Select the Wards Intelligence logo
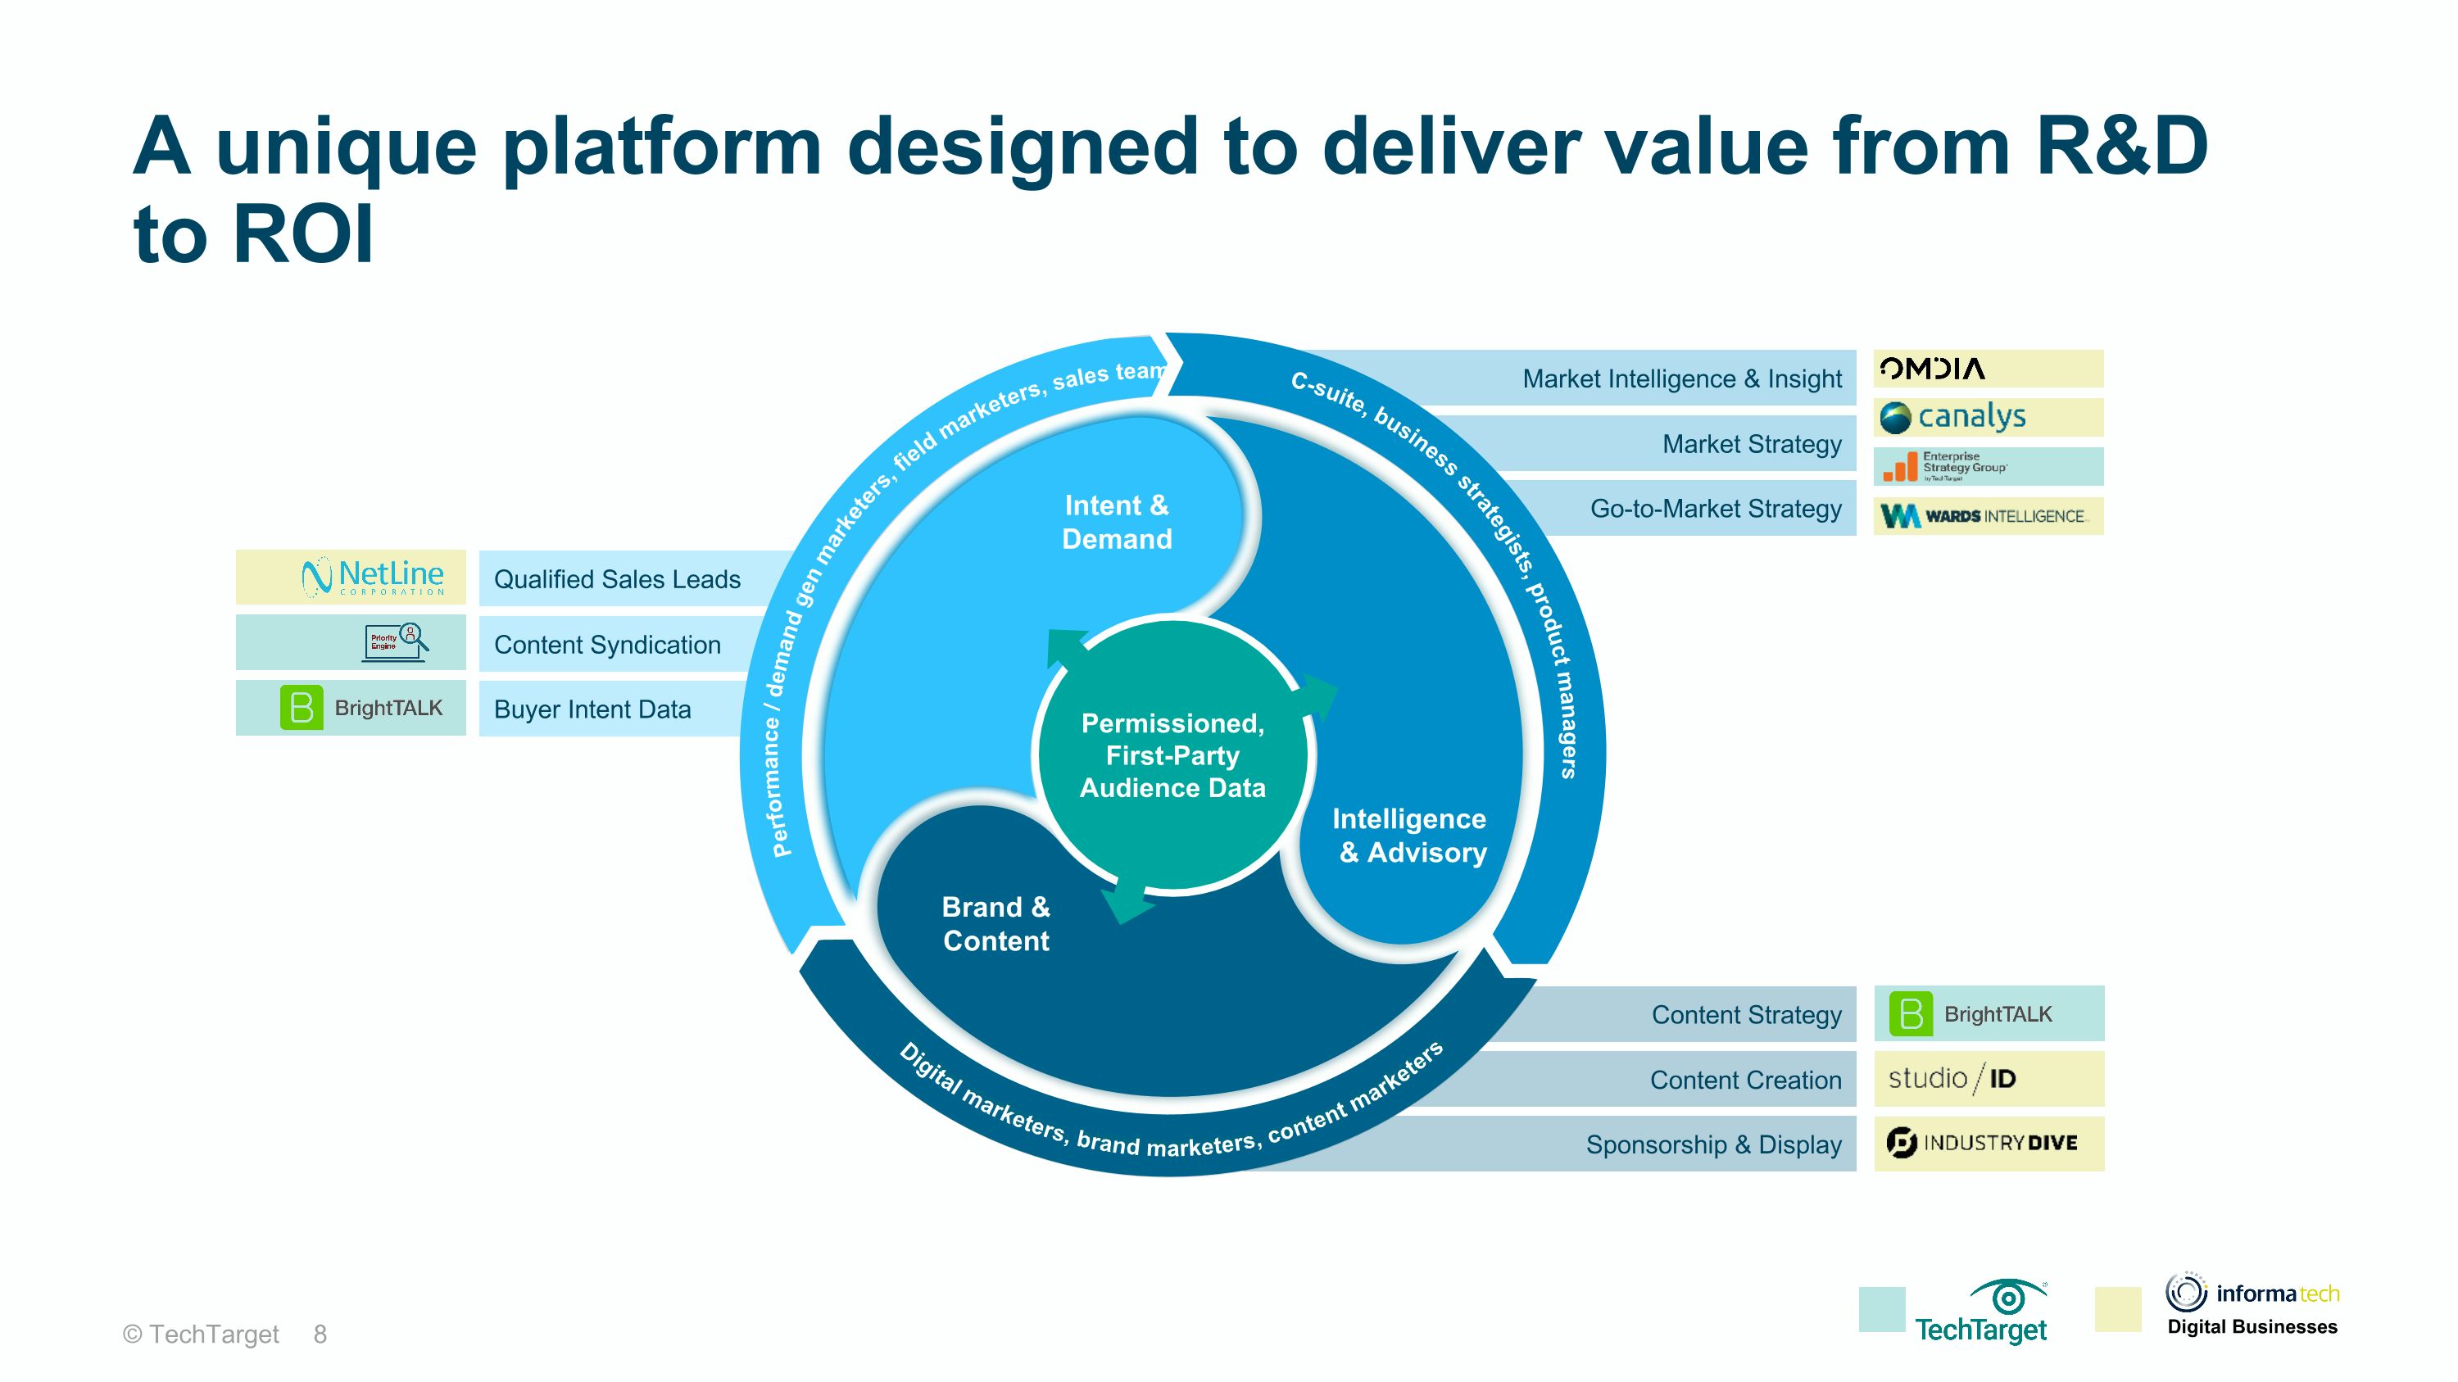click(1984, 516)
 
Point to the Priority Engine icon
click(396, 642)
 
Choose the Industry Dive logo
click(1982, 1143)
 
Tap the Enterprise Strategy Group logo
click(1946, 466)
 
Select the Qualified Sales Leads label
click(616, 579)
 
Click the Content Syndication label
click(607, 645)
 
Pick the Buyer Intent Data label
click(592, 709)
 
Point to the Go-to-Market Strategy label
click(1715, 509)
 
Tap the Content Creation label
click(1745, 1080)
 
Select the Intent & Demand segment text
click(1117, 522)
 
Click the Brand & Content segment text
click(995, 923)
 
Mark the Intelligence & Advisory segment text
click(1409, 835)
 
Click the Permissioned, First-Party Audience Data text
click(1172, 755)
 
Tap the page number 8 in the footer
click(320, 1334)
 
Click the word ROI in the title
click(303, 234)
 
